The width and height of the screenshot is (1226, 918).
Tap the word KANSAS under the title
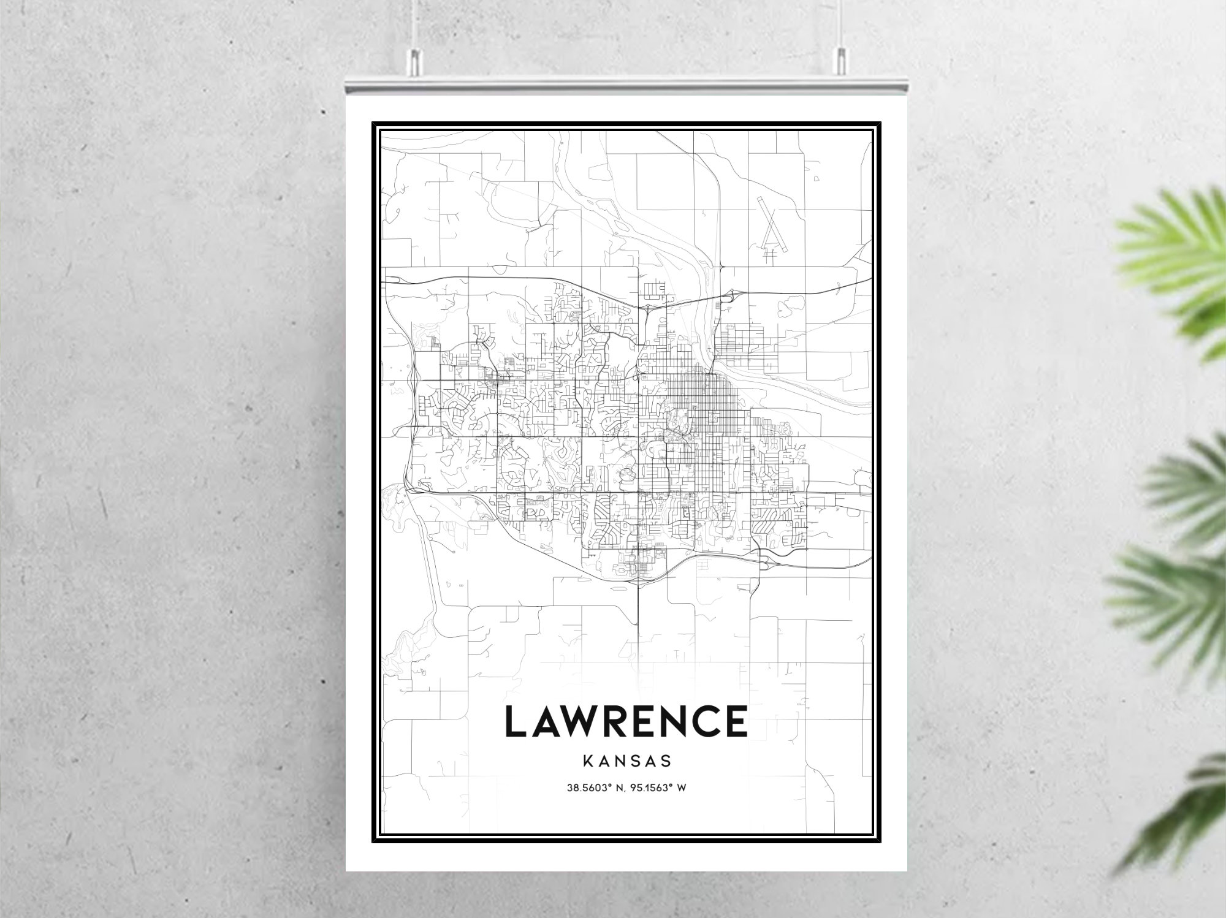(x=626, y=762)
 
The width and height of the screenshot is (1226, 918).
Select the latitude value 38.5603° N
(x=591, y=788)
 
